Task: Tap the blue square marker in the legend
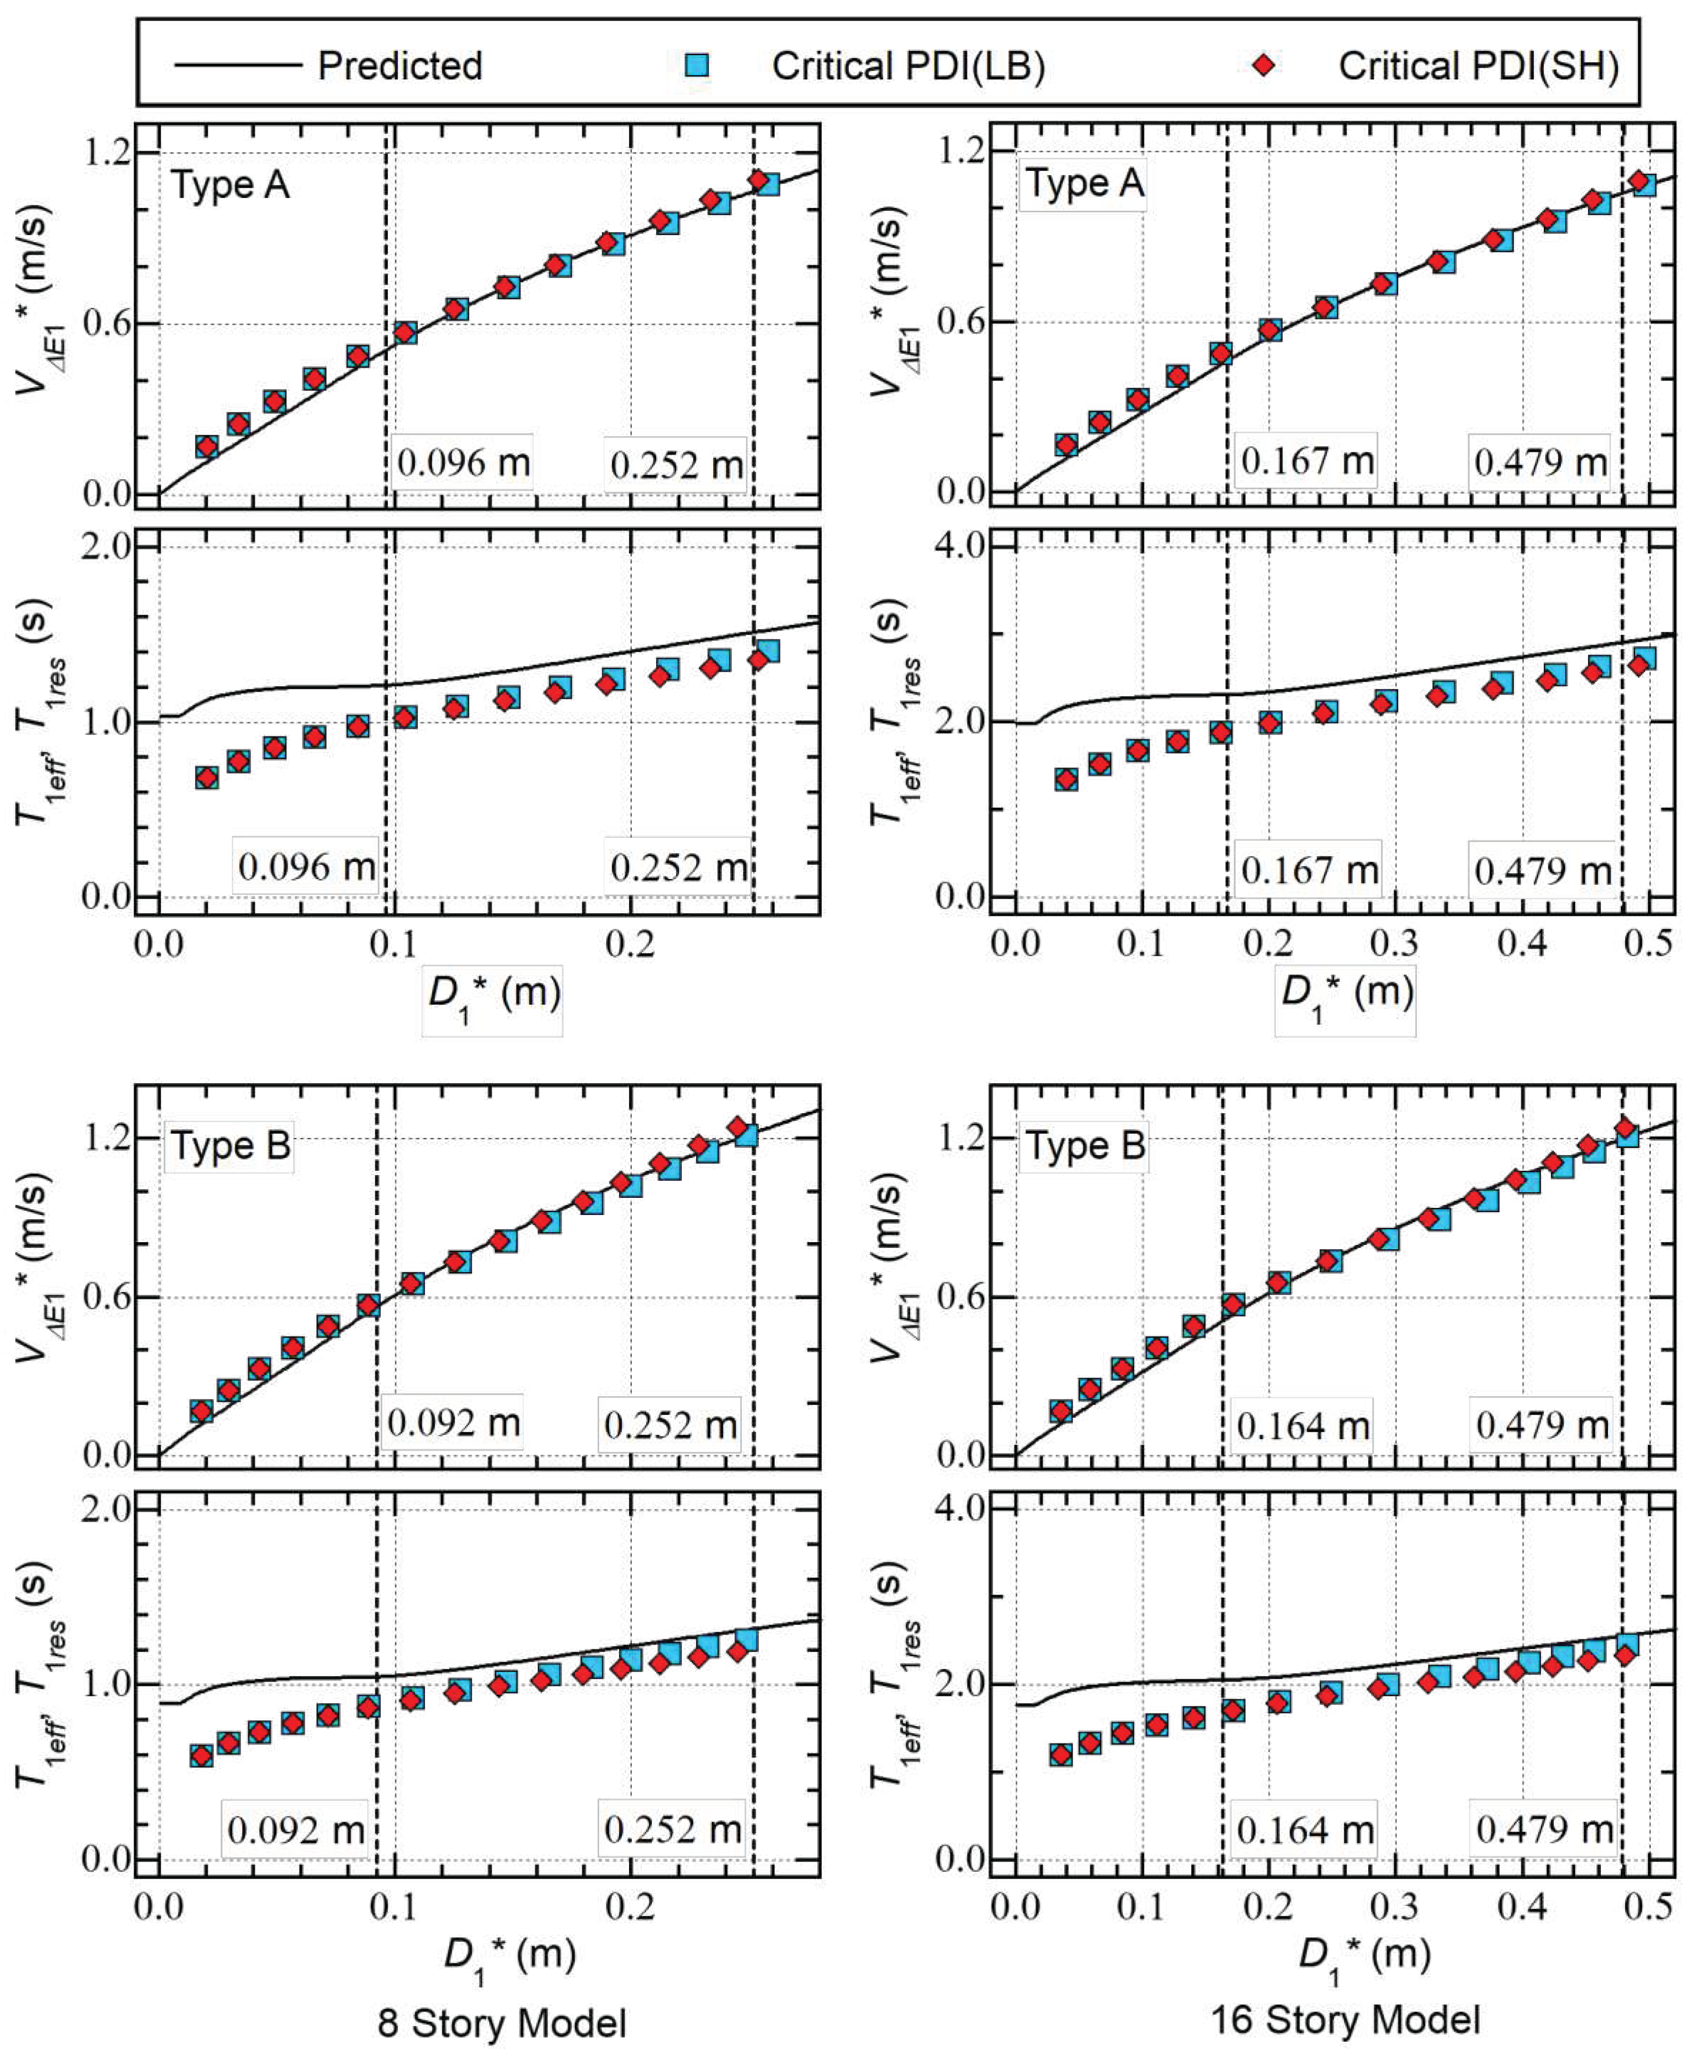pyautogui.click(x=697, y=66)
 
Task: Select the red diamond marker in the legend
pyautogui.click(x=1263, y=66)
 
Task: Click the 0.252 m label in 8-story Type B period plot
pyautogui.click(x=672, y=1828)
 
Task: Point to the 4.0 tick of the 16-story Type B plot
pyautogui.click(x=959, y=1507)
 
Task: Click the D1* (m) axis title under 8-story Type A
pyautogui.click(x=494, y=997)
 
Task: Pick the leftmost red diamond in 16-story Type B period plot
pyautogui.click(x=1060, y=1754)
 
